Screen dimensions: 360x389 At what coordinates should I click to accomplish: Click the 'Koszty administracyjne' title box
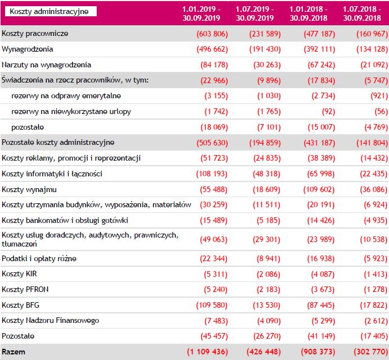pos(49,11)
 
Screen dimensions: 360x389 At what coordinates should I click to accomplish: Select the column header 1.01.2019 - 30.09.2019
pos(201,13)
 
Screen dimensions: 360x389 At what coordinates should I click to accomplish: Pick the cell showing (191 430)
pos(264,49)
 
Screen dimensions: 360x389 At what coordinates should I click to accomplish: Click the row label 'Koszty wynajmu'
pos(29,190)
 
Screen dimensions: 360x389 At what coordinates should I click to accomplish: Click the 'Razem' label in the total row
pos(13,352)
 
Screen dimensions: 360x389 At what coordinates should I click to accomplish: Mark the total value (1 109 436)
pos(206,352)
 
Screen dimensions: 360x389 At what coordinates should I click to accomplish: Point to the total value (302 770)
pos(369,352)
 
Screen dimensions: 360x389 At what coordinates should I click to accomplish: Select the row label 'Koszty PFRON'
pos(25,289)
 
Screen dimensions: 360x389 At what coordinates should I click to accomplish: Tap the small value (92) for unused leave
pos(327,111)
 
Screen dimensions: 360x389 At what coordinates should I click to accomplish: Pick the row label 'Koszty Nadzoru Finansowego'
pos(51,320)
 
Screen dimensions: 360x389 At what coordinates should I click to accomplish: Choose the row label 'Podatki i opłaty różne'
pos(39,258)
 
